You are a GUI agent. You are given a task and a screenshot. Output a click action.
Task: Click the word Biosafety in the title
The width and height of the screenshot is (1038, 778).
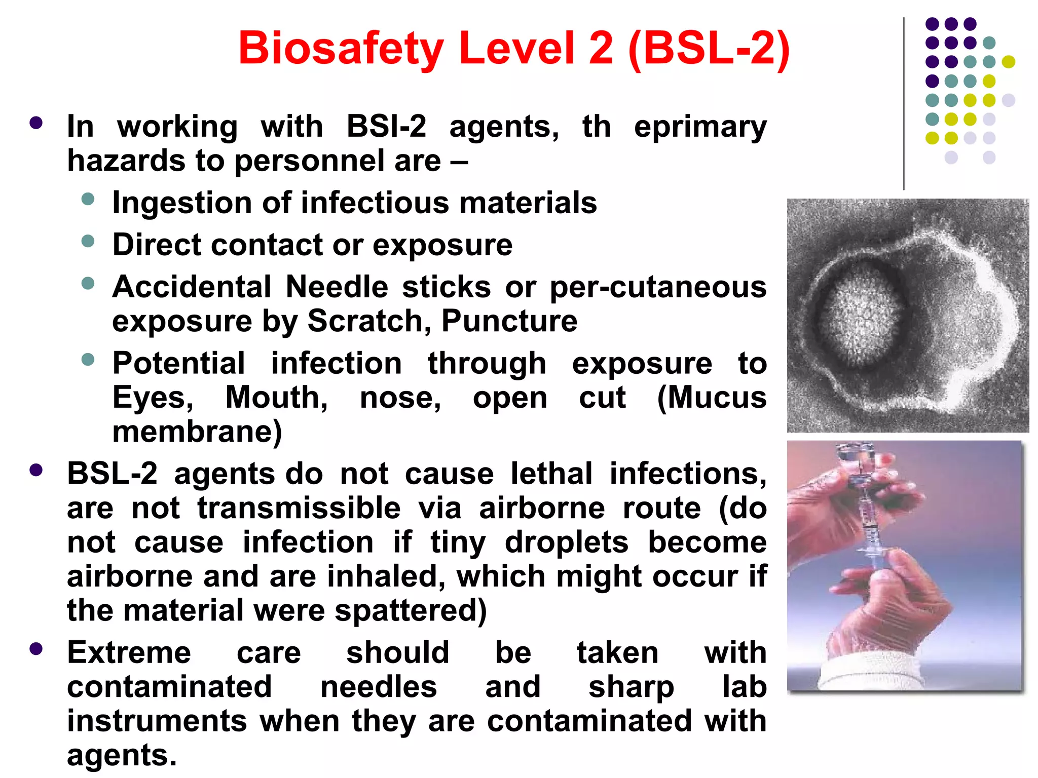tap(341, 49)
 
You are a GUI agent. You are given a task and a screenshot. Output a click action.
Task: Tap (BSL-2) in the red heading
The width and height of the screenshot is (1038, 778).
tap(708, 49)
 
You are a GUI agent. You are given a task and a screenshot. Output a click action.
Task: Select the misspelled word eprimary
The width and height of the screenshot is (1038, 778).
tap(700, 127)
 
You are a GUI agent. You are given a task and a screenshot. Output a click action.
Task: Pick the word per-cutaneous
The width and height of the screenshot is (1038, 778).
tap(657, 287)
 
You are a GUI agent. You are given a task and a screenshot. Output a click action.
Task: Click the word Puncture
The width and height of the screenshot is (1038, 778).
tap(509, 321)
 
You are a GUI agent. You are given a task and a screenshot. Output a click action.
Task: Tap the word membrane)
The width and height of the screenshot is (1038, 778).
tap(197, 432)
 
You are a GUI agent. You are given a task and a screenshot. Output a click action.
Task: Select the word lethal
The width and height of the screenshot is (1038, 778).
tap(551, 474)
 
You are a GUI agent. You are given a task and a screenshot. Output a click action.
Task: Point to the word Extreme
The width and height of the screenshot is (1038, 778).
tap(129, 652)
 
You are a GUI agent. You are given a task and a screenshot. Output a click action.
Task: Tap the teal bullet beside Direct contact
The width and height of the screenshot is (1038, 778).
tap(88, 241)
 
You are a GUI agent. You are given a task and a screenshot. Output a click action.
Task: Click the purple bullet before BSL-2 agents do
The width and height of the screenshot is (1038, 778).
tap(36, 471)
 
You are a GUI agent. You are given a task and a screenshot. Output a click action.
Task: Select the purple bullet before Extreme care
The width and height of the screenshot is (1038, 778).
tap(36, 649)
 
